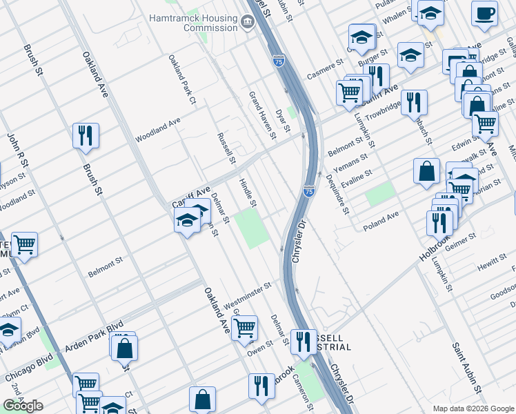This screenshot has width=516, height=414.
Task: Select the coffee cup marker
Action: click(484, 13)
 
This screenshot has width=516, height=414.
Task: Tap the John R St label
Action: click(15, 152)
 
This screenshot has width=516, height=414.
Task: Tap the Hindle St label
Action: click(247, 193)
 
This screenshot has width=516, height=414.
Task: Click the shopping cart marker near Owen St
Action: click(244, 328)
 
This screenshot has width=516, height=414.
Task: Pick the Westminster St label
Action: click(247, 287)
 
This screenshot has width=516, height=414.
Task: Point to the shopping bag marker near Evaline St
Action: click(426, 171)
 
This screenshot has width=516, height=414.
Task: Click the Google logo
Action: click(23, 405)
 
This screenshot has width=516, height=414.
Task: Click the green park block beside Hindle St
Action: click(252, 230)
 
